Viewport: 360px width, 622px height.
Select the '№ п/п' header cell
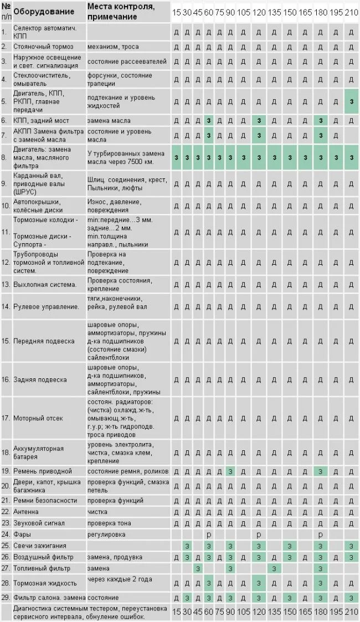pyautogui.click(x=6, y=12)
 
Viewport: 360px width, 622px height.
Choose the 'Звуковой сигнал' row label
pyautogui.click(x=39, y=523)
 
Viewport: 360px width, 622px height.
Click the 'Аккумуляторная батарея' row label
pyautogui.click(x=39, y=452)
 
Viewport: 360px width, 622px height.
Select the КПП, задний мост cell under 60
pyautogui.click(x=208, y=120)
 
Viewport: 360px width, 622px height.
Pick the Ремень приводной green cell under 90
pyautogui.click(x=229, y=471)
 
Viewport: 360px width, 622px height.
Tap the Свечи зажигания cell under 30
pyautogui.click(x=187, y=546)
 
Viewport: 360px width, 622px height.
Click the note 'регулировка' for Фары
pyautogui.click(x=106, y=534)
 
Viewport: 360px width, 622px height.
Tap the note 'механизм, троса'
pyautogui.click(x=113, y=47)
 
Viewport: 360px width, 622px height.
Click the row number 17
pyautogui.click(x=6, y=418)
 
